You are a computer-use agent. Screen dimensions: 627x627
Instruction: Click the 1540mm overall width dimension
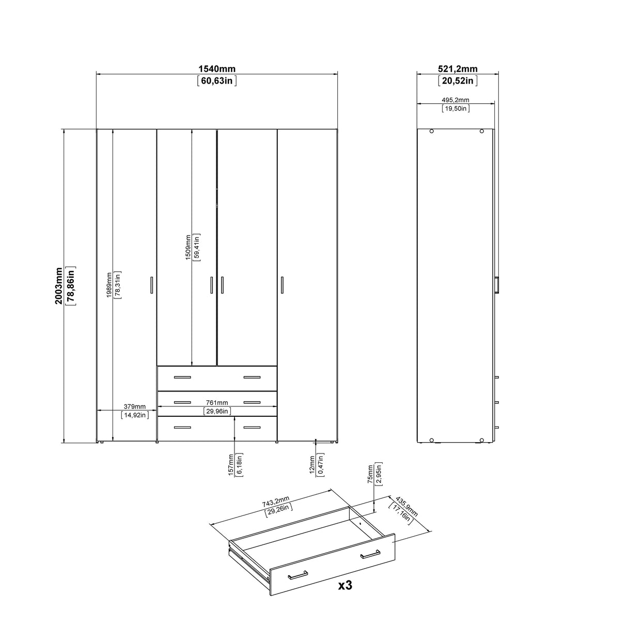tap(217, 69)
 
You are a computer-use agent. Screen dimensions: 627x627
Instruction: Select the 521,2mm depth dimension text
tap(458, 69)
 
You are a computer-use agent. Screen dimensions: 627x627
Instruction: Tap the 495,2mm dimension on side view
tap(456, 100)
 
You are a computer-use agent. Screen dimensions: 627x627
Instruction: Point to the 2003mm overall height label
tap(59, 286)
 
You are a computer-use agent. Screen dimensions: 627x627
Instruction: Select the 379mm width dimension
tap(134, 406)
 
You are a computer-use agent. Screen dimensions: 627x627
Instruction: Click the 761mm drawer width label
tap(217, 403)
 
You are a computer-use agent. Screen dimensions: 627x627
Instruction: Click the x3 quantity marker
tap(345, 585)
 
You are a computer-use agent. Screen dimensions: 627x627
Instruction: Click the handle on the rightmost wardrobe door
tap(283, 285)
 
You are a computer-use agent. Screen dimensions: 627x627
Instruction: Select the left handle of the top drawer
tap(182, 378)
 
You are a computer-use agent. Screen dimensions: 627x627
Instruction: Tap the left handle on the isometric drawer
tap(298, 575)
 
